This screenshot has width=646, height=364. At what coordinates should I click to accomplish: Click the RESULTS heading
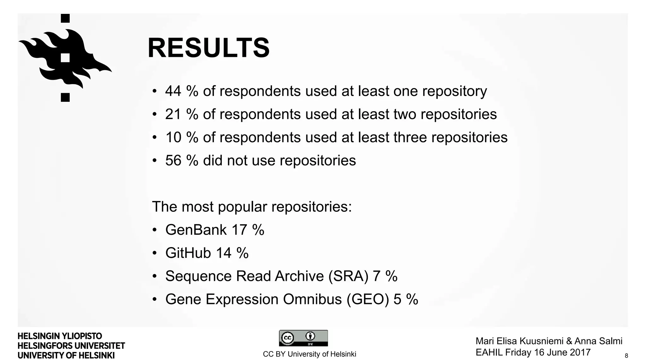click(x=208, y=48)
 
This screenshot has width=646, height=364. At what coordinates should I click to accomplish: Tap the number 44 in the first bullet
click(x=173, y=91)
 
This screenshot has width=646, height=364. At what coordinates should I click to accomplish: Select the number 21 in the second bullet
click(x=173, y=114)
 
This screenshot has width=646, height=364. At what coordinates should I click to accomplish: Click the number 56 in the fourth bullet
click(x=173, y=161)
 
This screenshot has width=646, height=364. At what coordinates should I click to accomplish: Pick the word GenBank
click(x=196, y=230)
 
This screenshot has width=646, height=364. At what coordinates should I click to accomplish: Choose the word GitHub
click(x=188, y=253)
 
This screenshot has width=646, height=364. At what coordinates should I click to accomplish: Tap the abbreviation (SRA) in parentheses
click(x=348, y=276)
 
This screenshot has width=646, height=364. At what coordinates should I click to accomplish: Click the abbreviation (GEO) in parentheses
click(x=368, y=299)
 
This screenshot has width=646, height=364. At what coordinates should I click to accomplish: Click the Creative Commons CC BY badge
click(x=303, y=338)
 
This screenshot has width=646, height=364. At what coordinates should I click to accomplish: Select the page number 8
click(x=626, y=356)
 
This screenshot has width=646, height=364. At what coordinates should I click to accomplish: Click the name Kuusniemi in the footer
click(x=542, y=341)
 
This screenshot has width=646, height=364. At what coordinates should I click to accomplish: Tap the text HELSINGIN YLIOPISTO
click(x=60, y=336)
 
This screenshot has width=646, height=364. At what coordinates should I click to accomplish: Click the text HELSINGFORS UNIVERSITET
click(x=71, y=346)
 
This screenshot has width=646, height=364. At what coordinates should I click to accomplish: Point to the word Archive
click(x=299, y=276)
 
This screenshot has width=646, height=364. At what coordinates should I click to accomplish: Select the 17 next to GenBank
click(x=239, y=230)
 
